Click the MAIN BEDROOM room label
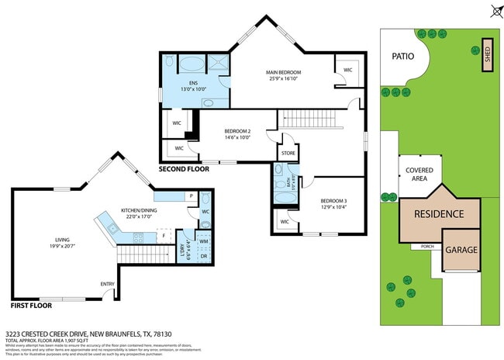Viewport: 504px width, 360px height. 284,72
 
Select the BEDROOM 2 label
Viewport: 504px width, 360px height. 237,131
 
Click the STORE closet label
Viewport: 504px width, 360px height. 288,154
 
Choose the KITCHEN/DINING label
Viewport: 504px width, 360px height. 140,210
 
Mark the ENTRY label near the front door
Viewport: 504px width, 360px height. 107,283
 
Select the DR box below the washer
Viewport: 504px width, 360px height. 203,256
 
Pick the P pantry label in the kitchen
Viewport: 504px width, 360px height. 191,196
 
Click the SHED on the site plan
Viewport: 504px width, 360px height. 487,55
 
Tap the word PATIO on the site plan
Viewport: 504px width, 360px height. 402,57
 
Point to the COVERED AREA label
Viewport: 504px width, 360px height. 419,174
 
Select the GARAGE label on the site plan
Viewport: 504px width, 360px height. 461,250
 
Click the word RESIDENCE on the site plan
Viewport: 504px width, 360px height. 438,213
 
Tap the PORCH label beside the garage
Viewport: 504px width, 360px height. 426,247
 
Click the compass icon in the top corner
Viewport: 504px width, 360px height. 495,10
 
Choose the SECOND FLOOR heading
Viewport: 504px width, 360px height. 184,168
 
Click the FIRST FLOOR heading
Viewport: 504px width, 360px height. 32,306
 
